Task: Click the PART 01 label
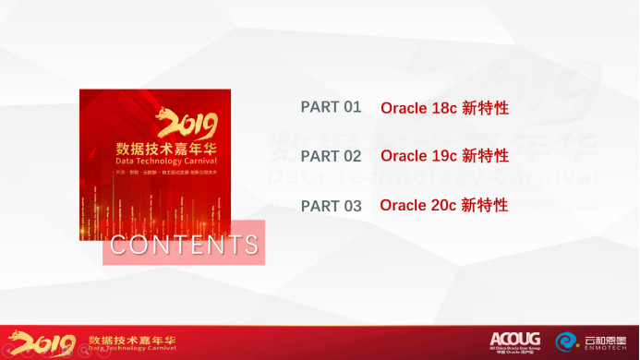pos(331,107)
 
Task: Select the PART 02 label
pos(331,156)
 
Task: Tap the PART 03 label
pos(331,206)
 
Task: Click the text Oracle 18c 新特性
pos(444,108)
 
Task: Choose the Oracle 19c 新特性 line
pos(444,156)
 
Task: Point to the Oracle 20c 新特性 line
pos(444,205)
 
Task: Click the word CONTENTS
pos(184,246)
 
